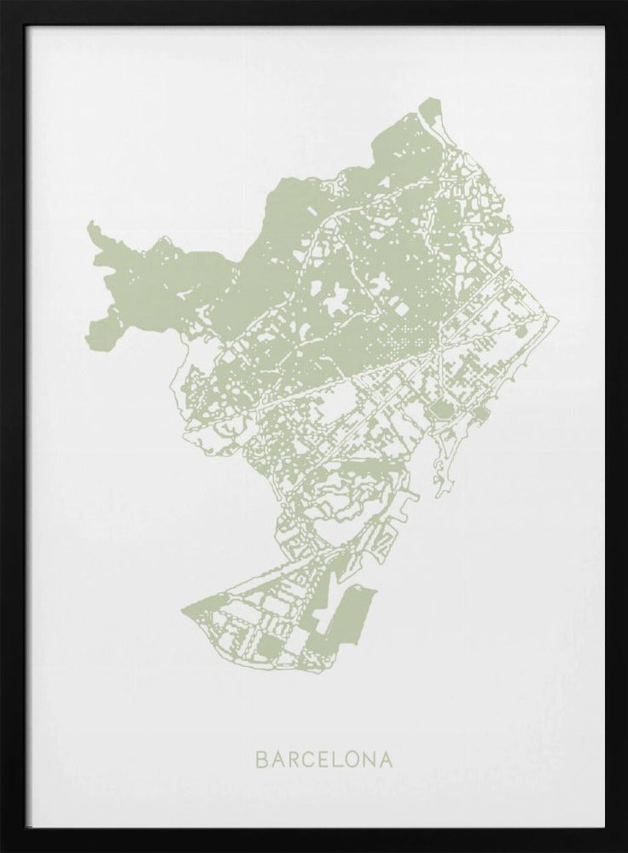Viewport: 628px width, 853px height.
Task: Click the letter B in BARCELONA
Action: point(260,757)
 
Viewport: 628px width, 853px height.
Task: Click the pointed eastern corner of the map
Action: point(558,322)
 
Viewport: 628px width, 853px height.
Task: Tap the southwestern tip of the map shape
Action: point(183,611)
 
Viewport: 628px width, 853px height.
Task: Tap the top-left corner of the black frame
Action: point(3,3)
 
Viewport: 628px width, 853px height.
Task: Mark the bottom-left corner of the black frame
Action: point(3,850)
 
